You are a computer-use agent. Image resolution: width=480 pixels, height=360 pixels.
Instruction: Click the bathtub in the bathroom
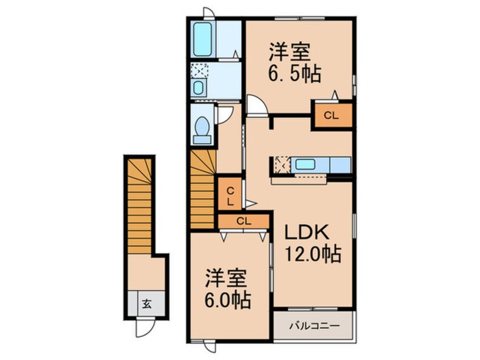203,39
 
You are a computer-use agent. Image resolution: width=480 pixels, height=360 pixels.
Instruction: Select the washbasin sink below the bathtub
199,88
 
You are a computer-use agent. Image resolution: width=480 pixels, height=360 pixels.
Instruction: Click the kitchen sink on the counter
305,165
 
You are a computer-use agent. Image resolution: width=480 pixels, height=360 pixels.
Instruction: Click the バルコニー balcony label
314,326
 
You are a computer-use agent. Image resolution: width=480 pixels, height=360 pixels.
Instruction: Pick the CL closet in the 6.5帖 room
331,115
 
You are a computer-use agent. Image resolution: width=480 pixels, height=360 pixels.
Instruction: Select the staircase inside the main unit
203,190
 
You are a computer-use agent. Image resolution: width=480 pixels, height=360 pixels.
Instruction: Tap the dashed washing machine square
199,70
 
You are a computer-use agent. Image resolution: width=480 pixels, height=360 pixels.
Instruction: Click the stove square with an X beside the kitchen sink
282,165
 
